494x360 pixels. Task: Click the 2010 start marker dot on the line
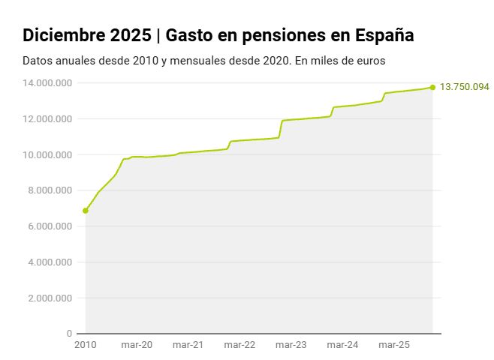(x=86, y=211)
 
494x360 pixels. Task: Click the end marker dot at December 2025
(x=432, y=88)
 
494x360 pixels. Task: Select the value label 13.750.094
(x=464, y=87)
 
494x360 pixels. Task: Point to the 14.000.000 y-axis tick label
(x=47, y=83)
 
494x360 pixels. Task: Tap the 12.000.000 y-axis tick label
(x=47, y=119)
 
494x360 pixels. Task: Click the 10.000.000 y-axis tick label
(x=47, y=155)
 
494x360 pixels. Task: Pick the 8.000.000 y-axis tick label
(x=50, y=190)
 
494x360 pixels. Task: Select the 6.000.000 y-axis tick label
(x=50, y=226)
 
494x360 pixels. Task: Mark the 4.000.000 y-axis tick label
(x=50, y=262)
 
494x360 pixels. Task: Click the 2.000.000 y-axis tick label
(x=50, y=298)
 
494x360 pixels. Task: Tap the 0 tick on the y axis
(x=69, y=334)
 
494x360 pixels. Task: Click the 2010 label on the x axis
(x=86, y=345)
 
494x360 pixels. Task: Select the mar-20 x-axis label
(x=136, y=345)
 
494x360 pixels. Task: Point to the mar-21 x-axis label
(x=188, y=345)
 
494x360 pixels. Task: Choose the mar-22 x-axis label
(x=239, y=345)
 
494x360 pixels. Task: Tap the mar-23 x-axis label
(x=291, y=345)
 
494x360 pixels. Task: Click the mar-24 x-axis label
(x=342, y=345)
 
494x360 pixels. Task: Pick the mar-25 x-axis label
(x=393, y=345)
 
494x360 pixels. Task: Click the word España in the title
(x=382, y=35)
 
